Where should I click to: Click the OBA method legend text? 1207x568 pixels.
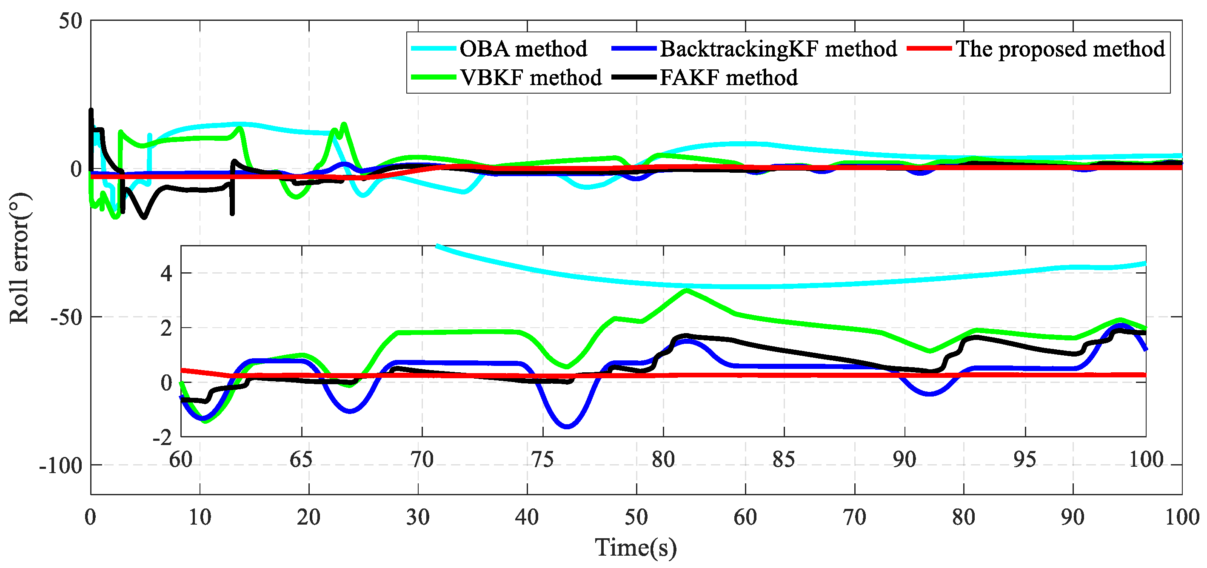pos(522,49)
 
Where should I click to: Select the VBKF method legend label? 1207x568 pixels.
pos(531,77)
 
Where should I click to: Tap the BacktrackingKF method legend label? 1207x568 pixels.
pos(778,49)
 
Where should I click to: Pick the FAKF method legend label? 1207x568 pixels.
pos(729,77)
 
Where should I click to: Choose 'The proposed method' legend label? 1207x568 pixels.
pos(1060,49)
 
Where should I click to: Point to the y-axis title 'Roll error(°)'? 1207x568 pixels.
pos(20,258)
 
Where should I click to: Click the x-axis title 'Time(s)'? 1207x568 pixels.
pos(636,547)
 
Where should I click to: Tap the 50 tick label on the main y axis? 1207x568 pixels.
pos(70,21)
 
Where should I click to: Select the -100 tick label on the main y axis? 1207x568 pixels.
pos(61,466)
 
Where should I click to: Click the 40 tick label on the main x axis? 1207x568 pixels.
pos(527,517)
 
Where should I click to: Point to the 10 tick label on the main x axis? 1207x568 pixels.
pos(200,517)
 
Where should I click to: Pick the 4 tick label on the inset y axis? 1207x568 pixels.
pos(166,273)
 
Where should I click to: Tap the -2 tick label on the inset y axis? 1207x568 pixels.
pos(163,438)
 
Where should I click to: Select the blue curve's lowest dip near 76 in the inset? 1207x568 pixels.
pos(568,426)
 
